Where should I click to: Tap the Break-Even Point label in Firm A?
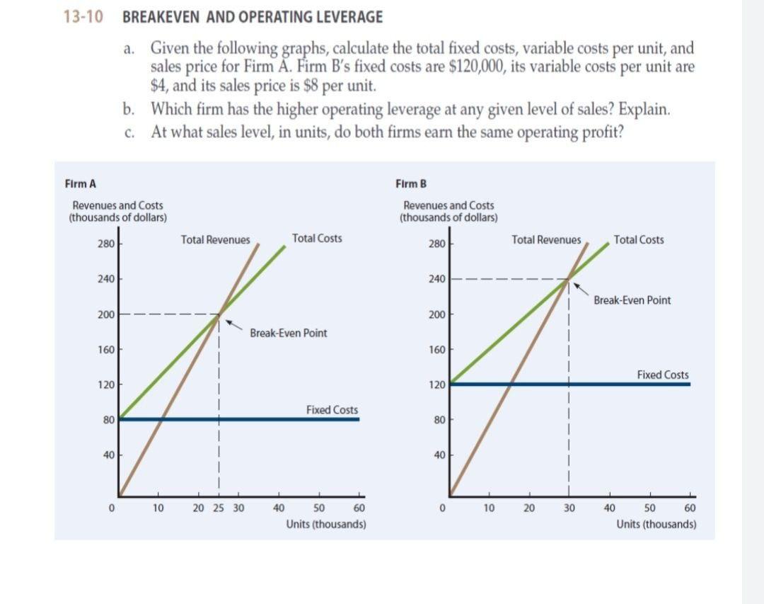tap(289, 333)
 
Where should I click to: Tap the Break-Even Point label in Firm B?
tap(632, 300)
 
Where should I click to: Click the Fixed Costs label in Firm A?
tap(332, 410)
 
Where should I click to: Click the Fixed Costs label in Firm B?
tap(663, 375)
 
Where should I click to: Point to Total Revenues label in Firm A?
tap(215, 240)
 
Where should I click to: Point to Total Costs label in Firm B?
tap(639, 240)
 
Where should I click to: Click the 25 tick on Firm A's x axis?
tap(219, 508)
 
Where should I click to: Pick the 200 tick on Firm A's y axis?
tap(105, 314)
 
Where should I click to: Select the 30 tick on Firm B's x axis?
tap(569, 508)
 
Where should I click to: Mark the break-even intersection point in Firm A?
tap(219, 314)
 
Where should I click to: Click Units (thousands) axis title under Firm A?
tap(326, 525)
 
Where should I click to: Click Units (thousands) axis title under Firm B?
tap(656, 525)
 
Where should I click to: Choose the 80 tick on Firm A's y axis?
tap(108, 419)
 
